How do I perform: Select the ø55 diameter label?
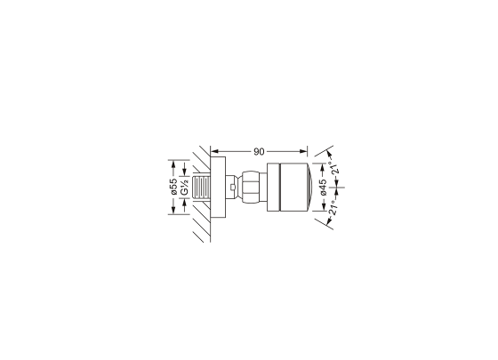174,188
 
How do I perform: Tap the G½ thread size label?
185,188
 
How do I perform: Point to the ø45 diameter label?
323,188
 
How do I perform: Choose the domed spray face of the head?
308,188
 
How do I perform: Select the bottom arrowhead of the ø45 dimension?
323,206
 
